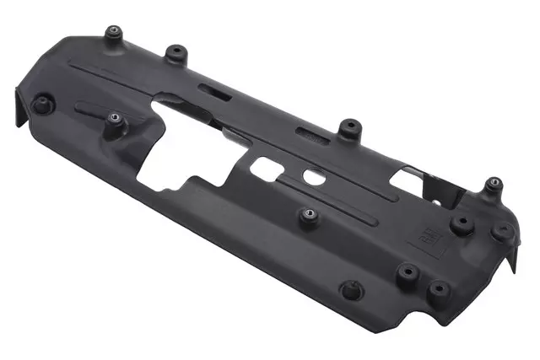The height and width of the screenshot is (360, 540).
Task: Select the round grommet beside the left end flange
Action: click(41, 105)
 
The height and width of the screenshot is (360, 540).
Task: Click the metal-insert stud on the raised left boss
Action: click(114, 120)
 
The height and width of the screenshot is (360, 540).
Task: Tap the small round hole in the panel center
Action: click(313, 177)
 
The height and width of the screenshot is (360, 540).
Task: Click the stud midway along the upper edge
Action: click(347, 128)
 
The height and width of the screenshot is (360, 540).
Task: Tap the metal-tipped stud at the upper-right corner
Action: click(494, 184)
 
